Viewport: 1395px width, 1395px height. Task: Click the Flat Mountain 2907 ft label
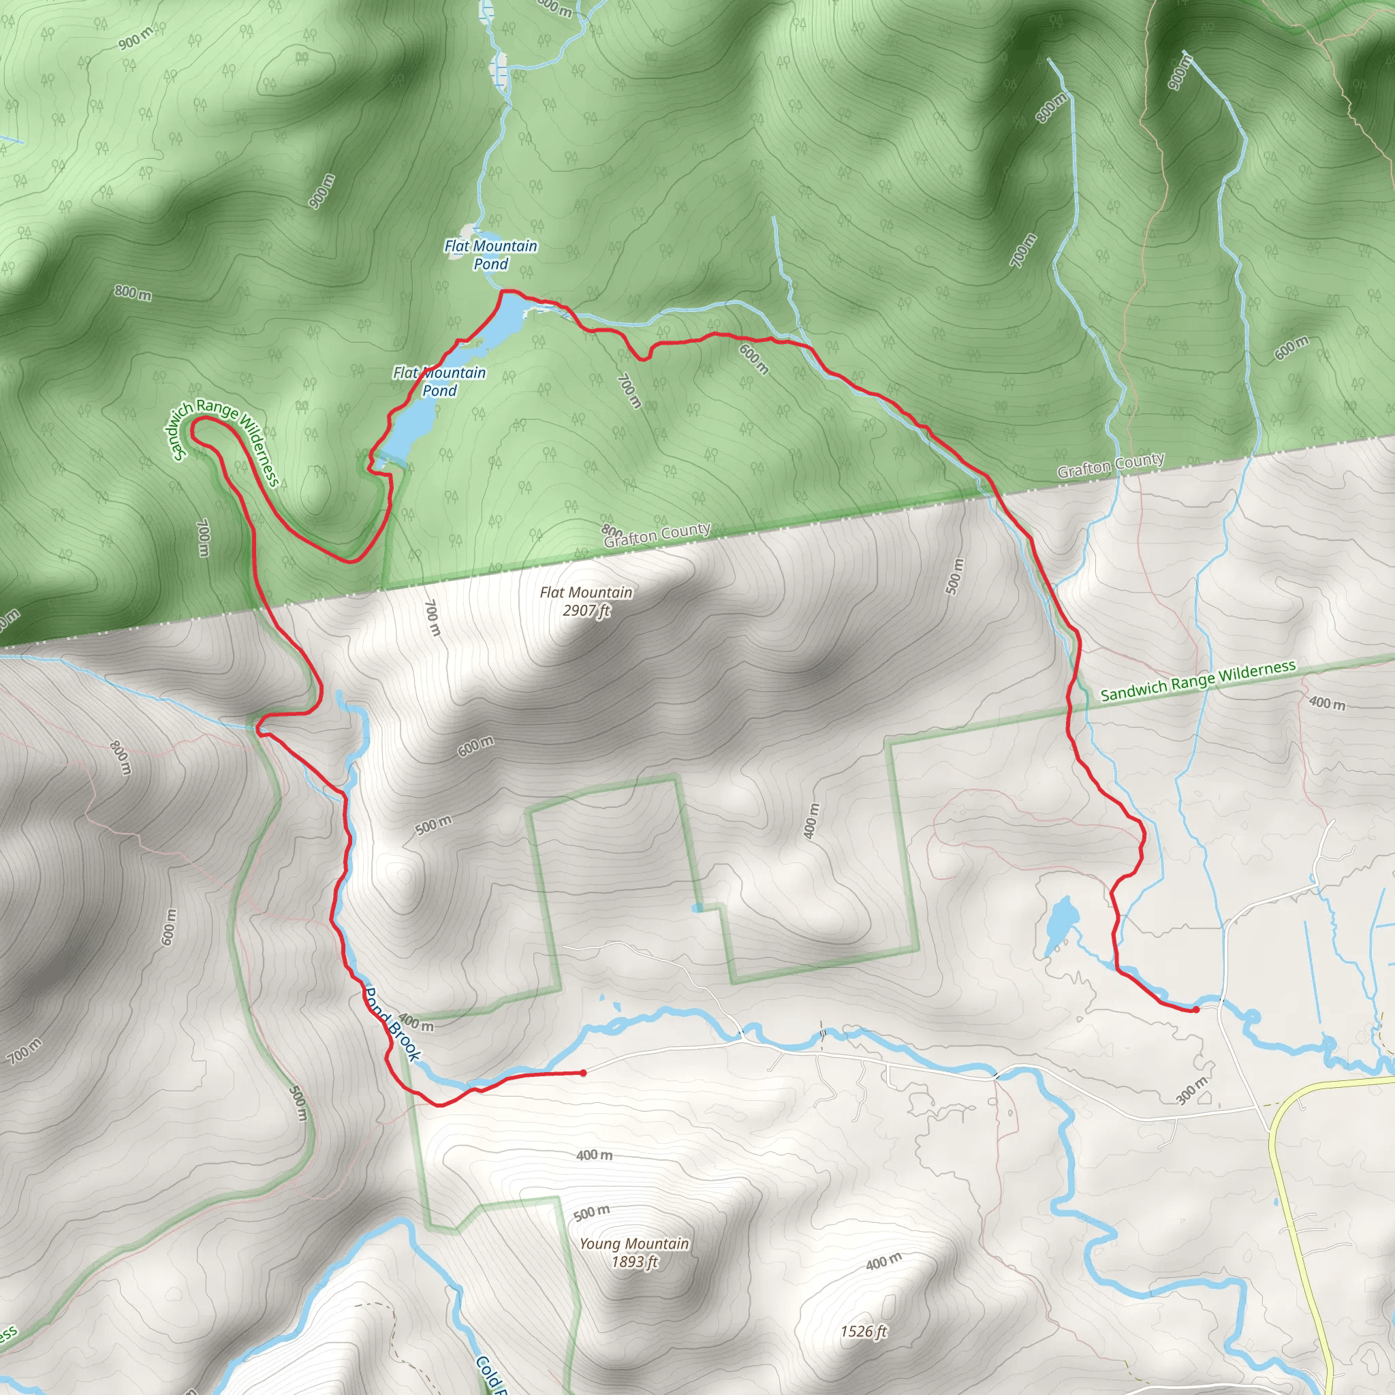(586, 601)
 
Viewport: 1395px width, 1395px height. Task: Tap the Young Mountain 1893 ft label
(634, 1252)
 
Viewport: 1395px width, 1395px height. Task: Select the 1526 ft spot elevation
(864, 1331)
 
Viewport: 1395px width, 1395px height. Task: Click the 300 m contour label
(1191, 1091)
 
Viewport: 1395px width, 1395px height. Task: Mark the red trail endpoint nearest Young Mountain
(582, 1073)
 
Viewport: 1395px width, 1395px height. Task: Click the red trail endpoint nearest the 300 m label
(1195, 1009)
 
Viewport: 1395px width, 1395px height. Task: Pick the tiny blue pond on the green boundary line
(697, 907)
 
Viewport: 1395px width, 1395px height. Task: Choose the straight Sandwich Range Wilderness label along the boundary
(1198, 680)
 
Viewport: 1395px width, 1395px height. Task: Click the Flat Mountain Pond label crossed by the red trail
(439, 381)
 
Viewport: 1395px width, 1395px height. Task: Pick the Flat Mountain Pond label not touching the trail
(491, 254)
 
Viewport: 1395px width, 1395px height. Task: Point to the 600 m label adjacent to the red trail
(753, 359)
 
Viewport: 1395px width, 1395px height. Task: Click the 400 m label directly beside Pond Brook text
(416, 1022)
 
